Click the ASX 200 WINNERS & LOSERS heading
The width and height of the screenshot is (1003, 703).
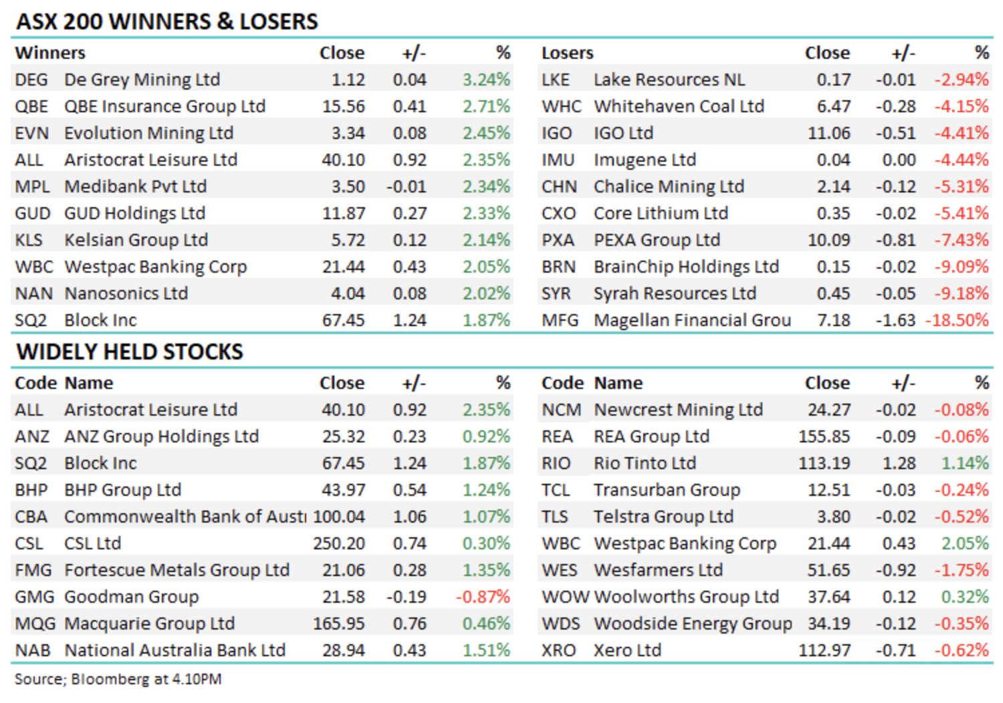pos(167,21)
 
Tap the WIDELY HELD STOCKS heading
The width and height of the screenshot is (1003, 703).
pos(130,351)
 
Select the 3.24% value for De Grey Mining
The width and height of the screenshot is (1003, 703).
pos(486,80)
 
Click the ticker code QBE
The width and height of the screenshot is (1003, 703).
pos(31,106)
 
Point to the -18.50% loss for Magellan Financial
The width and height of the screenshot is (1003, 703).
pos(957,320)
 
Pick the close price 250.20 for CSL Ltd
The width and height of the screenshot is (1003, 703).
pos(339,543)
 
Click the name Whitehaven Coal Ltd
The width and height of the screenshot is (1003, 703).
pos(679,106)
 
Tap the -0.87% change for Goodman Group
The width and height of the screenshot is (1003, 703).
pos(483,597)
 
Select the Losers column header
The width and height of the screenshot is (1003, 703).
pos(567,53)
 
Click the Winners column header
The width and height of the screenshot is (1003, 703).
pos(50,53)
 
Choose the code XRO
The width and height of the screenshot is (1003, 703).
pos(559,650)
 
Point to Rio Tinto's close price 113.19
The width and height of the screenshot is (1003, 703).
pos(824,463)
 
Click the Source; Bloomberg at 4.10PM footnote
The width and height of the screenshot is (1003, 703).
pos(118,679)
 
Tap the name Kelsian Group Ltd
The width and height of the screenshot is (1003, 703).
pos(136,240)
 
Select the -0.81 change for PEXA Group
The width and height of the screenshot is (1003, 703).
pos(895,240)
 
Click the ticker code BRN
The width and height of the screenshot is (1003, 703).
pos(559,267)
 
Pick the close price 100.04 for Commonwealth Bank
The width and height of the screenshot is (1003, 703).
pos(339,517)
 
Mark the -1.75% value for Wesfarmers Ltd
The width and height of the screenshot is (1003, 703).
pos(962,570)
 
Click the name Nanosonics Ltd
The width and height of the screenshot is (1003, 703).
pos(126,293)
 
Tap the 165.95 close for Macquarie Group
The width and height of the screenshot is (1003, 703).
pos(339,623)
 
